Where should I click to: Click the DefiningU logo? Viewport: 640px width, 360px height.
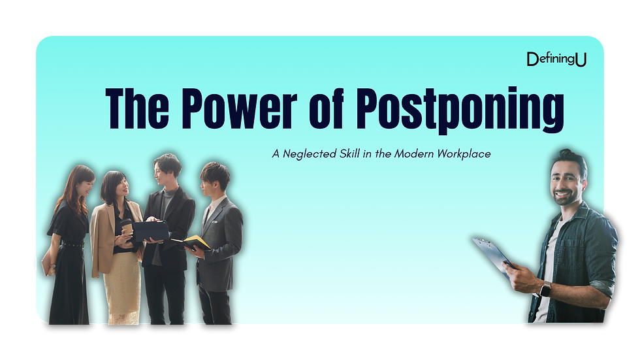point(556,59)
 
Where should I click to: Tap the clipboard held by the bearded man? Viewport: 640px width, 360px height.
point(492,253)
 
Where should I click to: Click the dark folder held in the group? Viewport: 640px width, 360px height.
point(150,230)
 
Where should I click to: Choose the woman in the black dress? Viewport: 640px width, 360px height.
point(69,248)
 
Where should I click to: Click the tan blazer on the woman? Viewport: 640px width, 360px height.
point(104,235)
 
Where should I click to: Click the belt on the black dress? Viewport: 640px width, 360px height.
point(72,245)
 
